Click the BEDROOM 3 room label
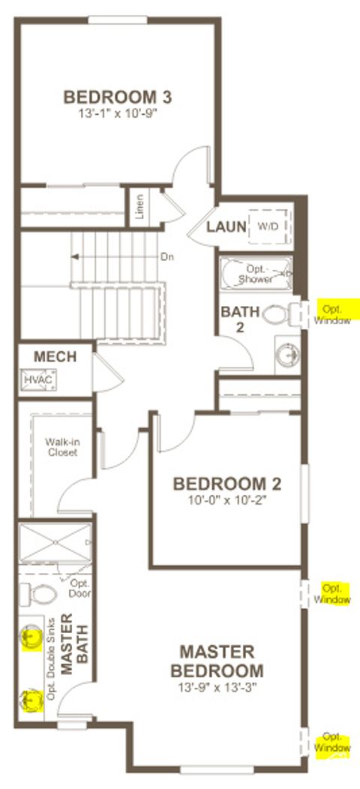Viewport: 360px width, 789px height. tap(118, 97)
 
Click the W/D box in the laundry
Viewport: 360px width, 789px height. tap(267, 226)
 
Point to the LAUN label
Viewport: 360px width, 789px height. tap(227, 226)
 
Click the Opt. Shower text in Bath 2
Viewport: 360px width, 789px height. tap(254, 274)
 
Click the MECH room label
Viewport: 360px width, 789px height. tap(55, 357)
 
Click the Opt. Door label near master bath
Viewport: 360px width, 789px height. tap(79, 588)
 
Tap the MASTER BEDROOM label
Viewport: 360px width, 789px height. tap(217, 661)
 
